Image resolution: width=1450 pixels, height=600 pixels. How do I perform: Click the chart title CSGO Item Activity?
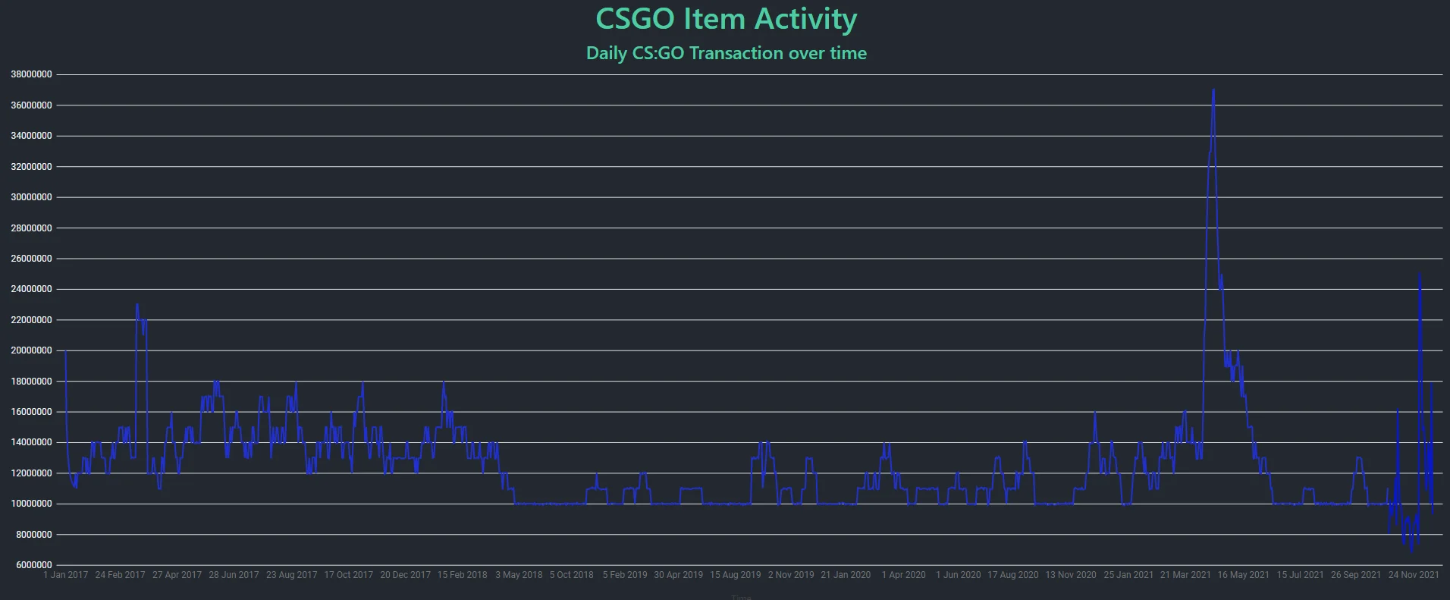point(726,20)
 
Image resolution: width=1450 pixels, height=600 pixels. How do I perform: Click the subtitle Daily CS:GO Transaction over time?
point(726,53)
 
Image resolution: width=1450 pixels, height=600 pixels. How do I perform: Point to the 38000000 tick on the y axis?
point(31,74)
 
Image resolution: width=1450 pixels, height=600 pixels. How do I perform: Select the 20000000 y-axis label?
point(31,350)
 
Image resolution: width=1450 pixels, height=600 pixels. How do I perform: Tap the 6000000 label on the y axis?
point(33,565)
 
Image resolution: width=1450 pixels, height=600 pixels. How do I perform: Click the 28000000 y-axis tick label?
point(31,228)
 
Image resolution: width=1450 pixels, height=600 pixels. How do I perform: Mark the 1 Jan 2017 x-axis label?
point(66,575)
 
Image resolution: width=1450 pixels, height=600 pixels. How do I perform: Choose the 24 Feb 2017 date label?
point(120,575)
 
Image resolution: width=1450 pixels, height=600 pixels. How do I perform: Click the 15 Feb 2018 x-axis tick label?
point(462,575)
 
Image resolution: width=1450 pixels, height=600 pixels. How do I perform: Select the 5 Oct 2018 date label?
point(572,575)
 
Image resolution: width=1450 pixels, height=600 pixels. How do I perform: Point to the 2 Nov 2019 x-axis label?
point(791,575)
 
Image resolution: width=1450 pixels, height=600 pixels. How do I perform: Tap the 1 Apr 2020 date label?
point(903,575)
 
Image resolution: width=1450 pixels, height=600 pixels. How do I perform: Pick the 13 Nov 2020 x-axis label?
point(1071,575)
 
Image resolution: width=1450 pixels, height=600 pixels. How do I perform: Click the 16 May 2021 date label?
point(1243,575)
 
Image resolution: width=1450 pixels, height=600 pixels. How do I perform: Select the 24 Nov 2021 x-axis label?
point(1414,575)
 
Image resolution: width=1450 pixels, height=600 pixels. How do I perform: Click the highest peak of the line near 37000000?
point(1213,90)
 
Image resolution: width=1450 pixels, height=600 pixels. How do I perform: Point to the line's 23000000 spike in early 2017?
point(137,305)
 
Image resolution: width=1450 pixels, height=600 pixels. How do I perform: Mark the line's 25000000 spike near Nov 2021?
point(1419,275)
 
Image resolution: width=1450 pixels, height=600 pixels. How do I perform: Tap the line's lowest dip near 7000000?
point(1411,550)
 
